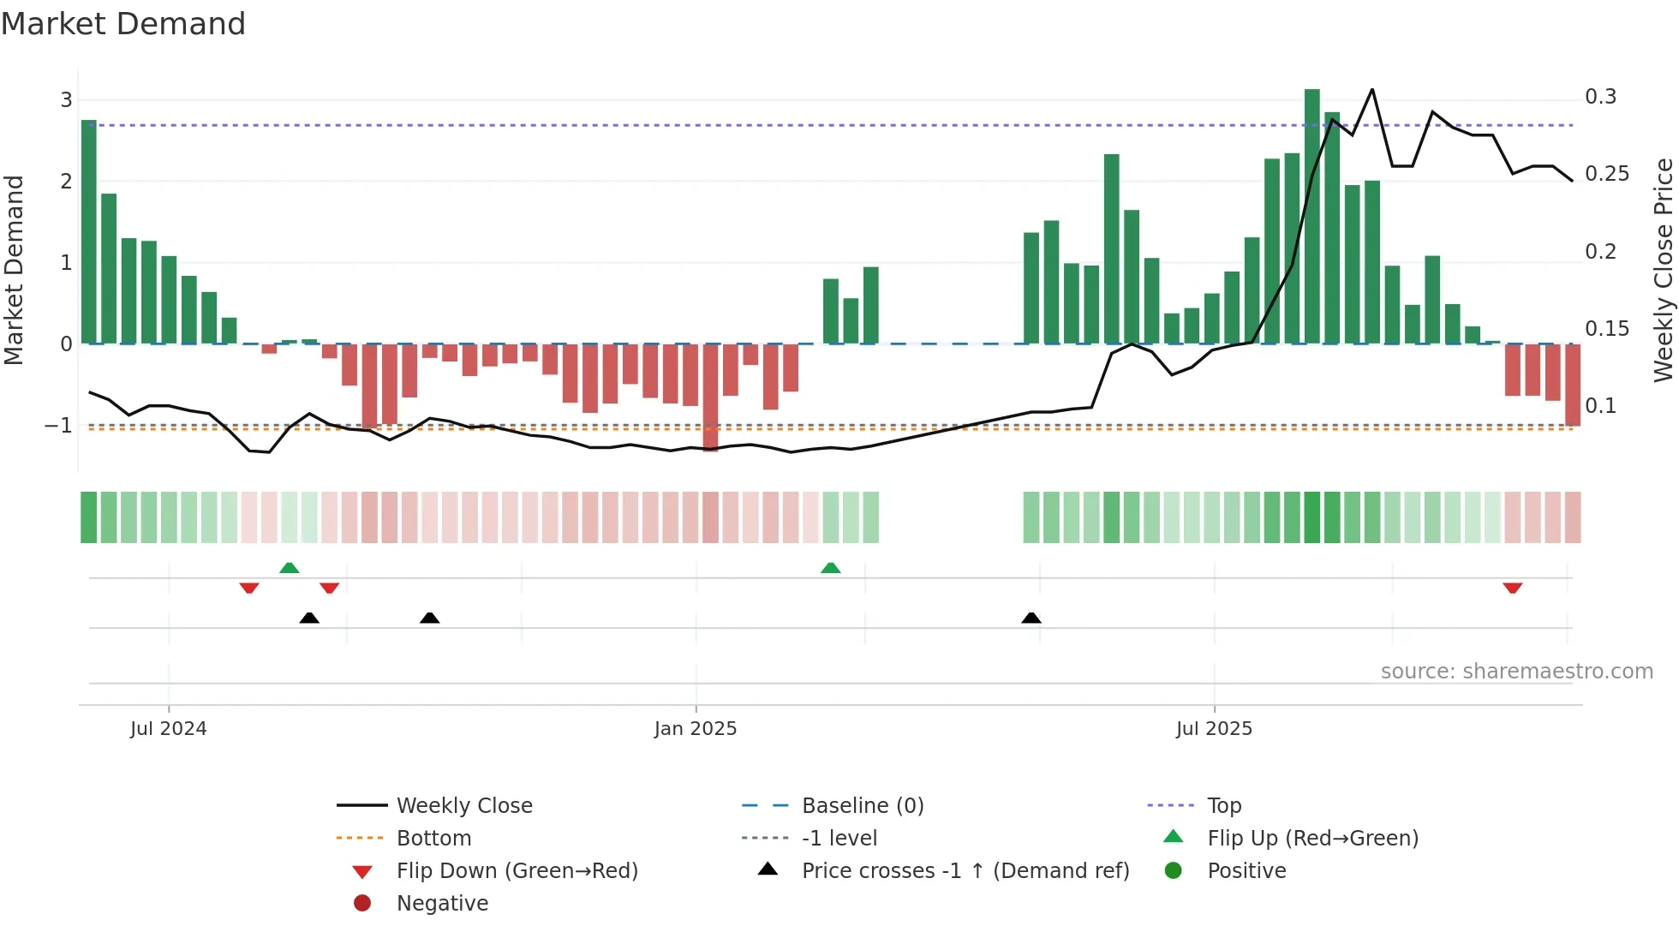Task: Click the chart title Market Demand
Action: (123, 24)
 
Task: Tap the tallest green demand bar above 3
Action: (1312, 214)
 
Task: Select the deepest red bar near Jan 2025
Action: (710, 397)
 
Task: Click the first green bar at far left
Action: (88, 231)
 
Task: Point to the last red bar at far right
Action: (1572, 385)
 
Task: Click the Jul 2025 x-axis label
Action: (1213, 729)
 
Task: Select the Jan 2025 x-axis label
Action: (695, 729)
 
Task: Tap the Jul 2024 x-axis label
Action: (168, 729)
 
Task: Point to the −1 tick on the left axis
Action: (58, 426)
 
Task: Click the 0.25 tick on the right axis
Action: (1606, 174)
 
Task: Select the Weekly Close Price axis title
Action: (1663, 270)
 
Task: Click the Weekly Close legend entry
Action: (463, 806)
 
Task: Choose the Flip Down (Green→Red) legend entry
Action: (517, 871)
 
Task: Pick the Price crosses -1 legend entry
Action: (965, 871)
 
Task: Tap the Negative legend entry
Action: (442, 904)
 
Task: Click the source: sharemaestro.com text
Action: (1516, 672)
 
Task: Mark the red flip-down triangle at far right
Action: (1512, 588)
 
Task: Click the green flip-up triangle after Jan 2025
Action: (830, 568)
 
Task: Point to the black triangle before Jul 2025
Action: (1031, 618)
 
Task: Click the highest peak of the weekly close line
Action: (1371, 90)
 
